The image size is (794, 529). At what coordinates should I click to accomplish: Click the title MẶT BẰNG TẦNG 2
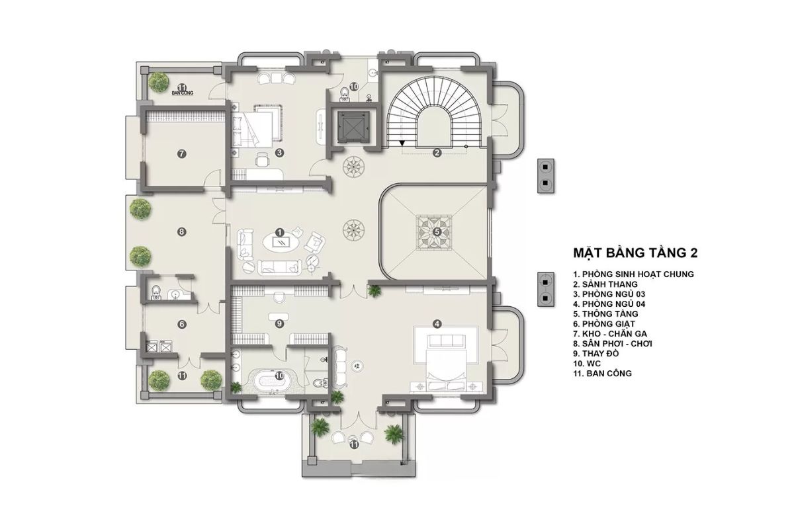[x=635, y=253]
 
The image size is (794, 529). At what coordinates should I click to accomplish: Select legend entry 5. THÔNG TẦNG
[x=605, y=314]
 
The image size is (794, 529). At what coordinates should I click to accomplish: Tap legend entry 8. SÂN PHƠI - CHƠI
[x=613, y=344]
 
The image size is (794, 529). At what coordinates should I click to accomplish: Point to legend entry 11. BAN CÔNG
[x=602, y=374]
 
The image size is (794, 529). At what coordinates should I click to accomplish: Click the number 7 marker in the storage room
[x=181, y=154]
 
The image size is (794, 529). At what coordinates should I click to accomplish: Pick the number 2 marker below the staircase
[x=437, y=153]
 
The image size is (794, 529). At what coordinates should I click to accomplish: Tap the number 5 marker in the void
[x=437, y=232]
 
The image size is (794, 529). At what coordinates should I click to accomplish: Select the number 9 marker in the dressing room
[x=280, y=323]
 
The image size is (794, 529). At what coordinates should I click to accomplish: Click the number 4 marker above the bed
[x=437, y=323]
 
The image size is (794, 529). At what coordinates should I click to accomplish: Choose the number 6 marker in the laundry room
[x=182, y=324]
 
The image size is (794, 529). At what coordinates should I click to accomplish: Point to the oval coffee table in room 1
[x=281, y=243]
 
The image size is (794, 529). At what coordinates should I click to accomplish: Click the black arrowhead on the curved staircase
[x=402, y=143]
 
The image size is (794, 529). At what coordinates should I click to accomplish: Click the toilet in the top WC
[x=343, y=93]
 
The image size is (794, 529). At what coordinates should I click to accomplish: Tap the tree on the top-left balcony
[x=158, y=81]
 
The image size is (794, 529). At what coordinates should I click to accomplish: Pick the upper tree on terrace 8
[x=140, y=210]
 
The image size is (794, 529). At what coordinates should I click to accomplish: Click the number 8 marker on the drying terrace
[x=181, y=232]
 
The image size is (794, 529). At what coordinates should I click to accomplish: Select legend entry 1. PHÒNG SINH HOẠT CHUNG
[x=633, y=274]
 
